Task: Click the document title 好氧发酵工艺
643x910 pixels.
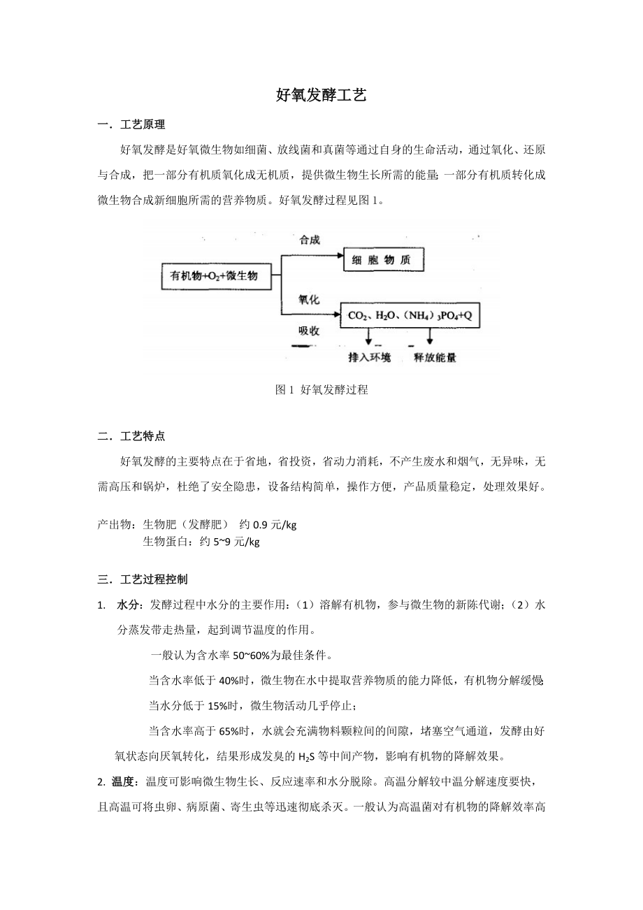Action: pyautogui.click(x=321, y=96)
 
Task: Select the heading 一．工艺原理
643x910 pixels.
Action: pyautogui.click(x=131, y=126)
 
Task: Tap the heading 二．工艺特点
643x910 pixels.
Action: pyautogui.click(x=131, y=437)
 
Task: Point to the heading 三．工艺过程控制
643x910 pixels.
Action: pyautogui.click(x=143, y=579)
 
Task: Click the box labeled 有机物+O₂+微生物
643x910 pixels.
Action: pyautogui.click(x=214, y=276)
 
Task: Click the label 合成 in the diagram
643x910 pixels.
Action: pyautogui.click(x=310, y=240)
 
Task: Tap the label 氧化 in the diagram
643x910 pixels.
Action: pyautogui.click(x=310, y=299)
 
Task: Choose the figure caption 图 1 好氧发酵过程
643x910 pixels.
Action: pyautogui.click(x=321, y=391)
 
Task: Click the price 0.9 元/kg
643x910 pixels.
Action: pyautogui.click(x=275, y=525)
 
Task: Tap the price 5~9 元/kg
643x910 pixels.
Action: pyautogui.click(x=236, y=542)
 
